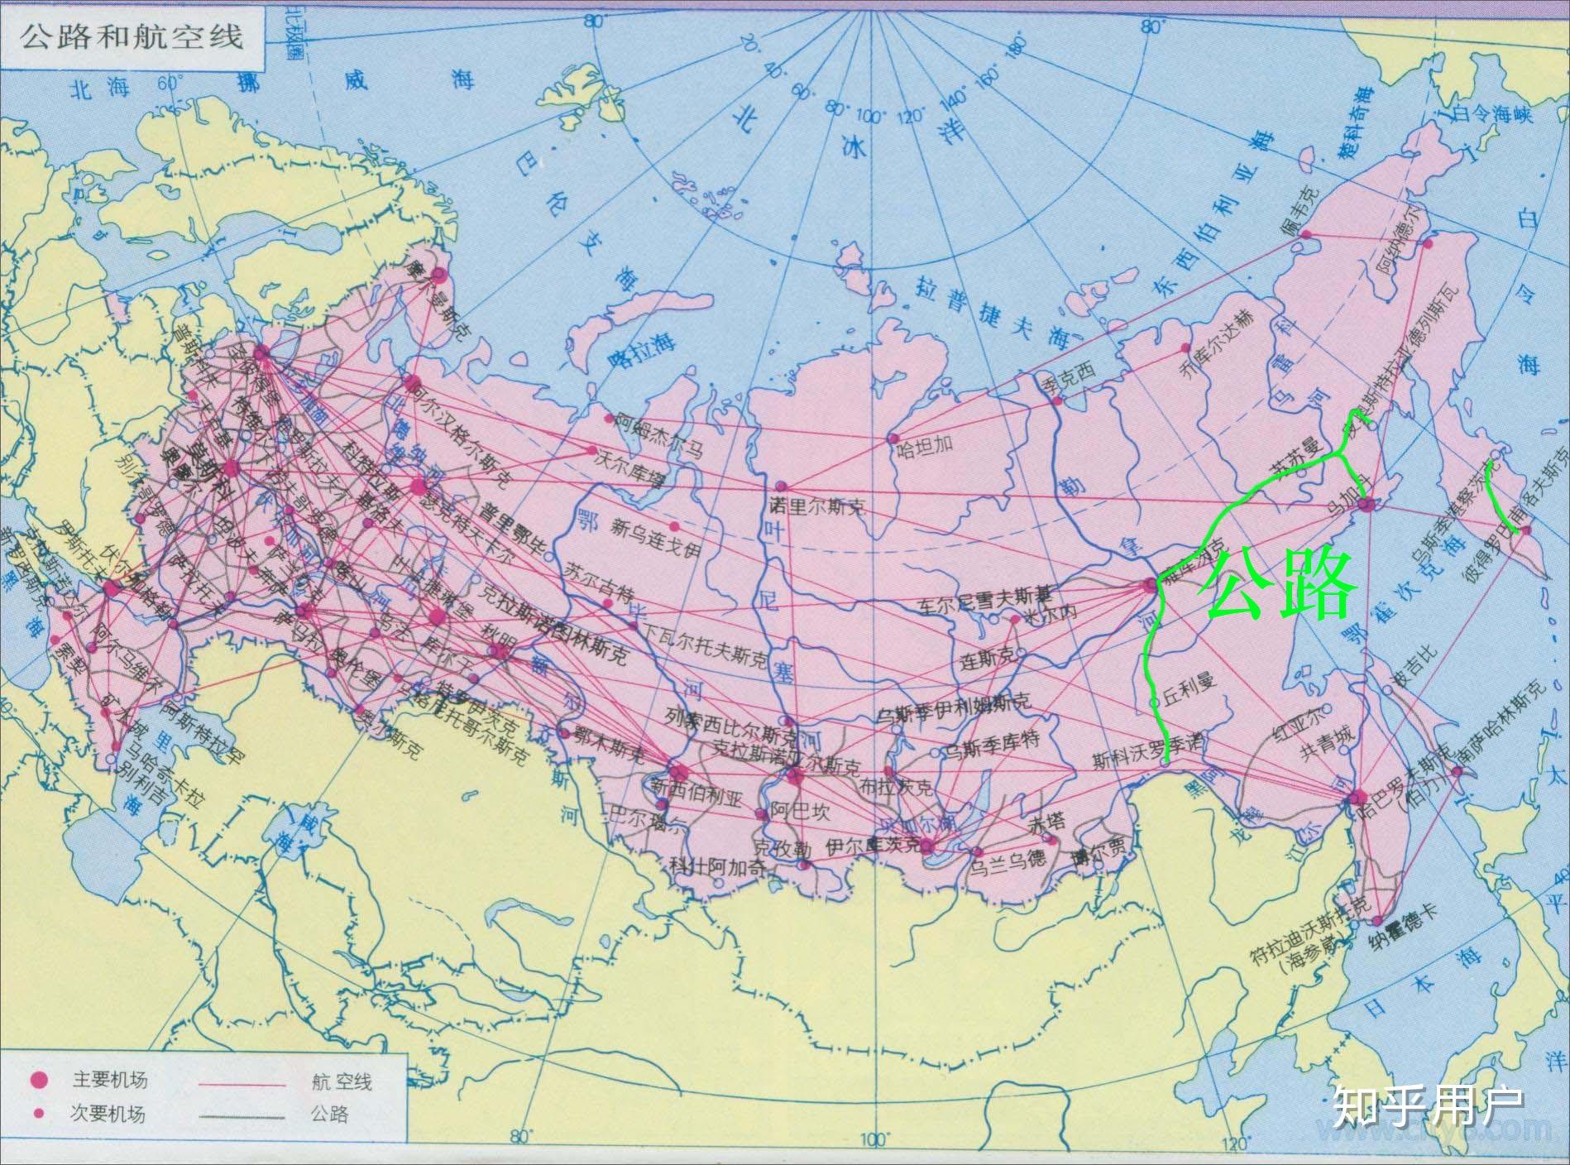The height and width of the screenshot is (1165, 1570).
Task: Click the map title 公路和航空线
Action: pos(132,37)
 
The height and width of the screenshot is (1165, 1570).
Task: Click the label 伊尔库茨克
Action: pos(873,845)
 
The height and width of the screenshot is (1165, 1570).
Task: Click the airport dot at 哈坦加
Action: pos(893,437)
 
